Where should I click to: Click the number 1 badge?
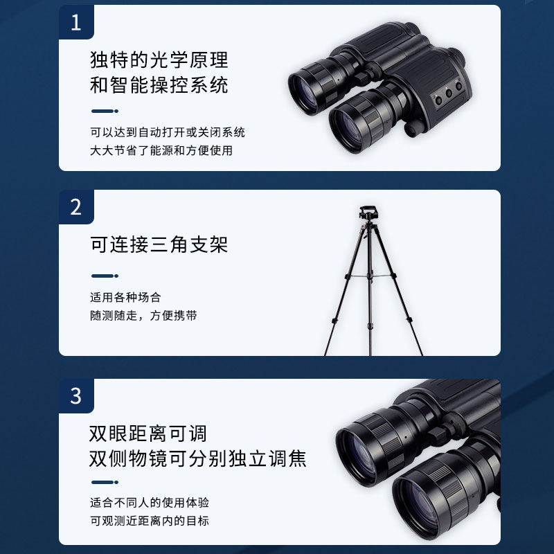pos(76,22)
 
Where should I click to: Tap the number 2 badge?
pos(76,207)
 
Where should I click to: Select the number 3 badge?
pos(76,396)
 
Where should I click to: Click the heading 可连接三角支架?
pos(159,244)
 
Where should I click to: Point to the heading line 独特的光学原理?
pos(159,60)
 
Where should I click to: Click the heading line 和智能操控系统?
pos(159,85)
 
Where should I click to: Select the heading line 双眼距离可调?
pos(148,434)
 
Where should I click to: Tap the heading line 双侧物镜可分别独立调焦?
pos(198,458)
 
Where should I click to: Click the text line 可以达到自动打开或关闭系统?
pos(168,132)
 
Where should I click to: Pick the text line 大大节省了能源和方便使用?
pos(161,150)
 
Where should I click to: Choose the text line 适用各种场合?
pos(125,298)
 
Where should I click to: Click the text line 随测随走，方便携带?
pos(143,316)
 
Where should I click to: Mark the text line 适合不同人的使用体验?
pos(150,503)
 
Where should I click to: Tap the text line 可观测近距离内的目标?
pos(150,521)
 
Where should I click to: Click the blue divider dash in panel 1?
pos(105,111)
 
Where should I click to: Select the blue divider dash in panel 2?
pos(105,276)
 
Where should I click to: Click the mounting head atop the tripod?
pos(368,213)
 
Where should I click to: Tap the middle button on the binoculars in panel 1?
pos(449,93)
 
